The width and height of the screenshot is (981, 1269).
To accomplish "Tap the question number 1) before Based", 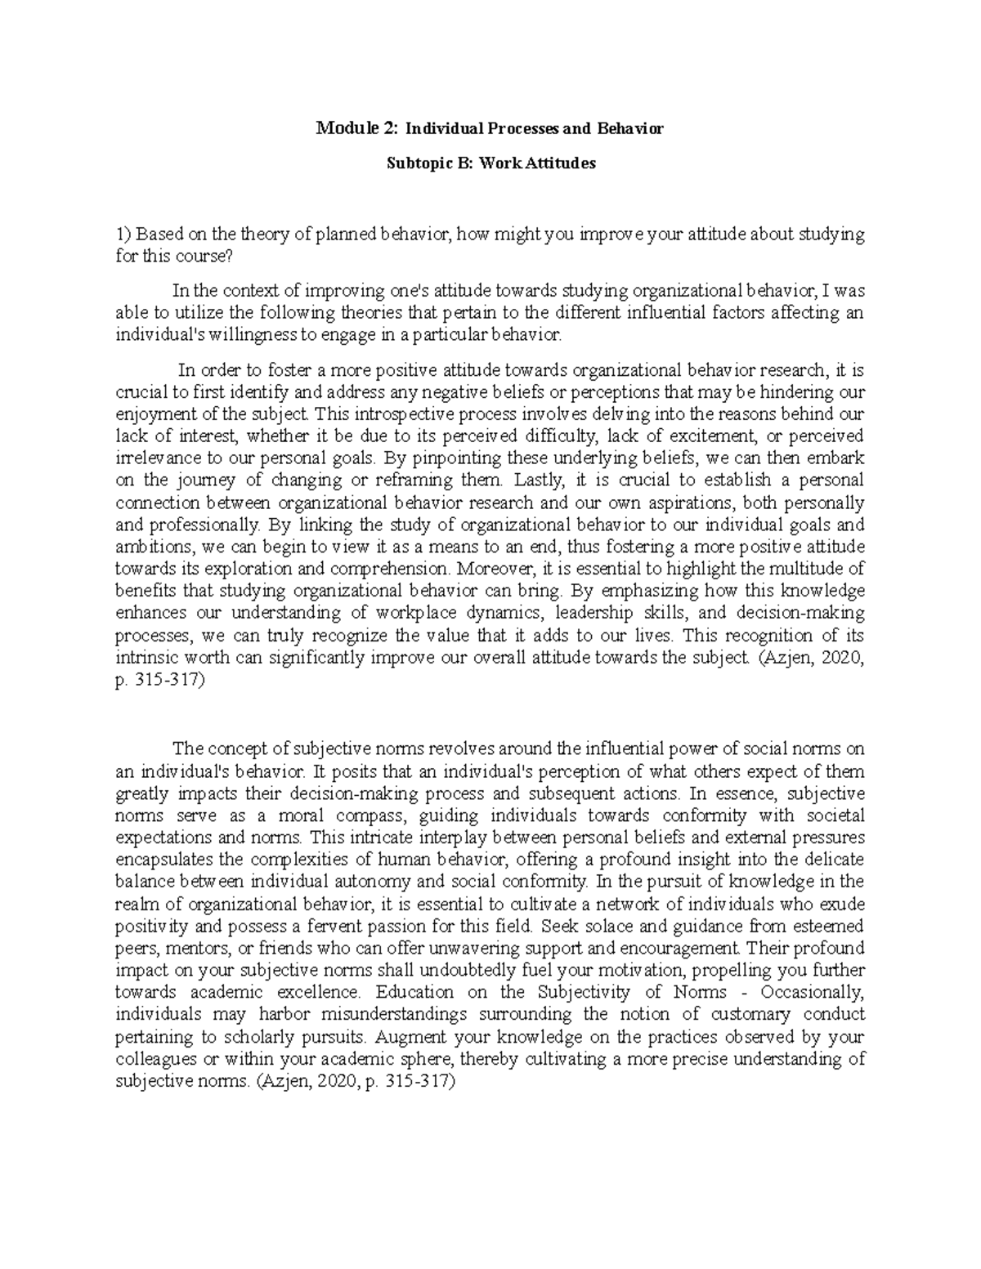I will [123, 235].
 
